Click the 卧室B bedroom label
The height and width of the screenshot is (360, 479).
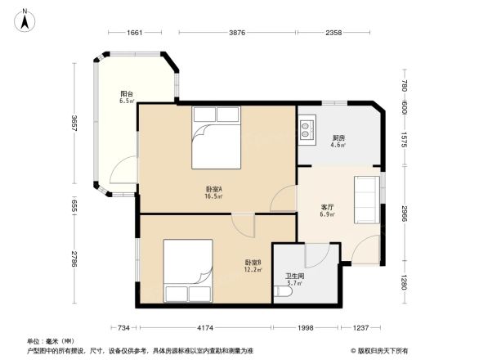click(x=253, y=266)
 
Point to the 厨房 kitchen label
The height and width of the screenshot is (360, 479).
click(x=337, y=142)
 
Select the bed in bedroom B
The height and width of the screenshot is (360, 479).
click(x=188, y=271)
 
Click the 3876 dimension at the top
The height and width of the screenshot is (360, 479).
click(x=236, y=34)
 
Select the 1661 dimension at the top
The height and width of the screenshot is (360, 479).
click(x=136, y=34)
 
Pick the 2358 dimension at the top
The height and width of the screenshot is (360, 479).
click(x=334, y=34)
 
